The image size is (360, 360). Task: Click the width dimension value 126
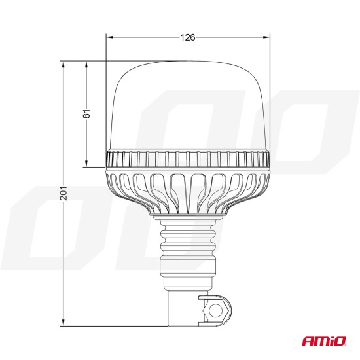[188, 37]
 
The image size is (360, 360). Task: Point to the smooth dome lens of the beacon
[188, 105]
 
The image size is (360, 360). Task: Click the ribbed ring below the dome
[188, 158]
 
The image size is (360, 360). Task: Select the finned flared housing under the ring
[188, 190]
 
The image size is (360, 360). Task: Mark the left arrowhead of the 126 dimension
[109, 37]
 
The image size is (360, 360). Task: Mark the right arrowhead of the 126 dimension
[267, 37]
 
